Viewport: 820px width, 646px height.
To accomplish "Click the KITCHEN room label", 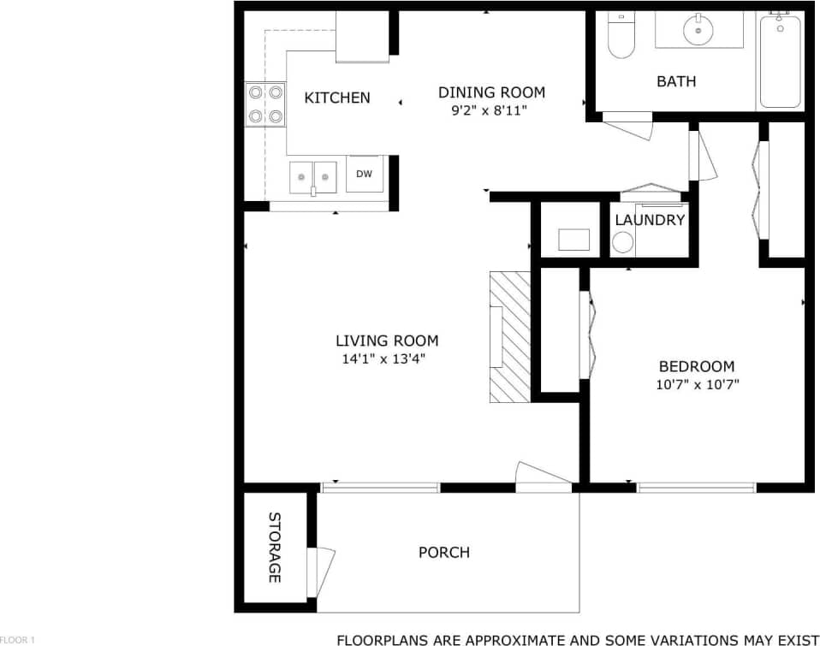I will [337, 98].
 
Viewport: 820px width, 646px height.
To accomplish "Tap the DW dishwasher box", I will [364, 174].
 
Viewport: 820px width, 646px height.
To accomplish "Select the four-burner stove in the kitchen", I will [264, 104].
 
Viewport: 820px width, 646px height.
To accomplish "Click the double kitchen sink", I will [312, 177].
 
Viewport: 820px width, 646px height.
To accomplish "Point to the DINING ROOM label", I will [491, 92].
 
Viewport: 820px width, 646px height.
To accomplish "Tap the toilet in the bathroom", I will [621, 36].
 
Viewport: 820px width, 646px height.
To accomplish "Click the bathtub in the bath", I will [780, 60].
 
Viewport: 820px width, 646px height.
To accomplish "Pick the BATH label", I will [676, 81].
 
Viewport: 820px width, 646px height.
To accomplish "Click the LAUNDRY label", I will [651, 220].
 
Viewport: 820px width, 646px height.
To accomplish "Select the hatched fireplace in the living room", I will [510, 337].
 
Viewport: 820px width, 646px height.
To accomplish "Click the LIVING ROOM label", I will [387, 341].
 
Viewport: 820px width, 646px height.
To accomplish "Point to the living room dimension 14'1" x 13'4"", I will [383, 359].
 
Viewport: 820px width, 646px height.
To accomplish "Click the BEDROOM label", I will [697, 366].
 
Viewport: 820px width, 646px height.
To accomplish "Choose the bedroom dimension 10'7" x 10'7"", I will [697, 384].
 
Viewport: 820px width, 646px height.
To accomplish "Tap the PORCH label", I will [443, 552].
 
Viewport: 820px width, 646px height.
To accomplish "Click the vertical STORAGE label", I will [275, 548].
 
